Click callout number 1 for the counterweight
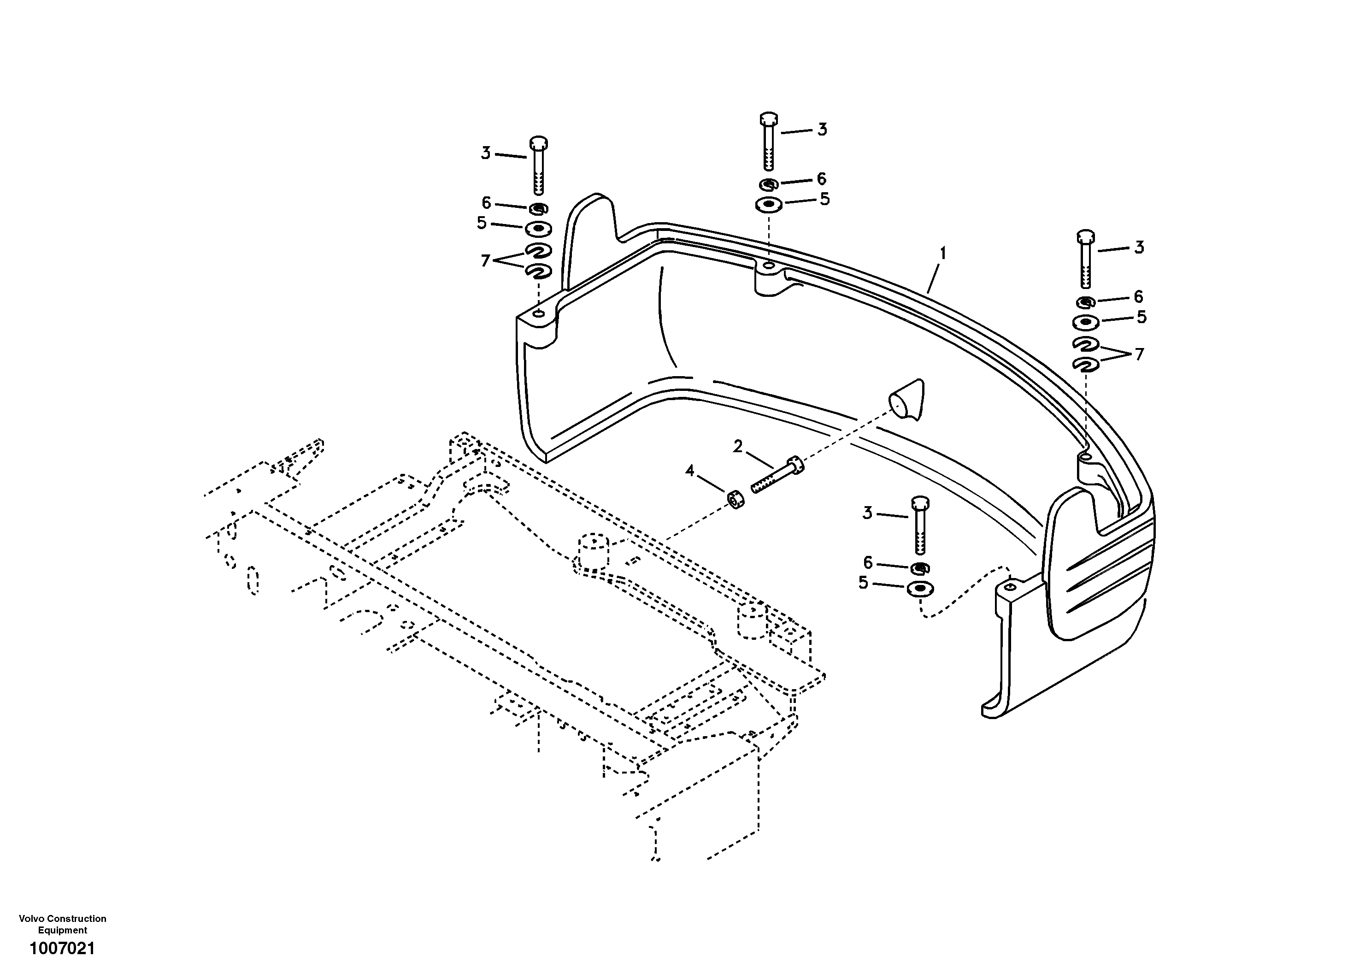[943, 254]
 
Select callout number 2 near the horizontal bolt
[738, 446]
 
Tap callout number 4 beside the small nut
[690, 471]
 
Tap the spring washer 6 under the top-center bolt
[769, 184]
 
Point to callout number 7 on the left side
[485, 260]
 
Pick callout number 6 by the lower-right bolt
[868, 562]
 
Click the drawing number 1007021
[62, 948]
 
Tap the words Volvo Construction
[62, 918]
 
